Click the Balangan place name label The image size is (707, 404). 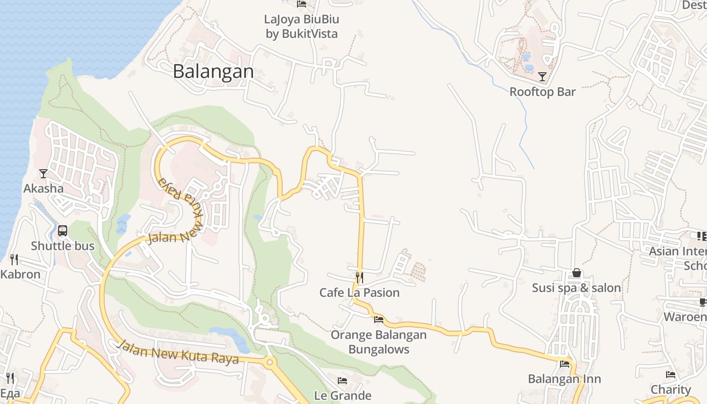click(213, 71)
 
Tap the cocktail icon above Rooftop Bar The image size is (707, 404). click(542, 77)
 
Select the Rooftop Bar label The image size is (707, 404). click(542, 92)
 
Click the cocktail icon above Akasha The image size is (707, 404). click(43, 174)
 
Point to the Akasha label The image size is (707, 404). click(43, 188)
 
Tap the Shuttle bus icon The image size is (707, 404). click(63, 231)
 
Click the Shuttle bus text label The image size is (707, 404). click(63, 246)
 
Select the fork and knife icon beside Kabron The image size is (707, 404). click(14, 260)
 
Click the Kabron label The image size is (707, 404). click(20, 274)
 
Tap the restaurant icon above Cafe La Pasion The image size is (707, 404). click(360, 277)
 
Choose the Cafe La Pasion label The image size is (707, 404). click(360, 292)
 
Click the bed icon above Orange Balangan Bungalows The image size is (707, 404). click(379, 319)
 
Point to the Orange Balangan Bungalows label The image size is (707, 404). click(379, 342)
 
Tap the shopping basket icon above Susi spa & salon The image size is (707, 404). click(577, 273)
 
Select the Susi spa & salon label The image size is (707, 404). click(577, 288)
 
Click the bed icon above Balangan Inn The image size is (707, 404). click(565, 364)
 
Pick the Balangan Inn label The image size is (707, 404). click(565, 379)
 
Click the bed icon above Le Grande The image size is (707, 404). click(342, 381)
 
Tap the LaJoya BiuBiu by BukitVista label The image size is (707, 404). click(301, 27)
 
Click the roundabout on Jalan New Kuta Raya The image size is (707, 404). click(270, 362)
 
